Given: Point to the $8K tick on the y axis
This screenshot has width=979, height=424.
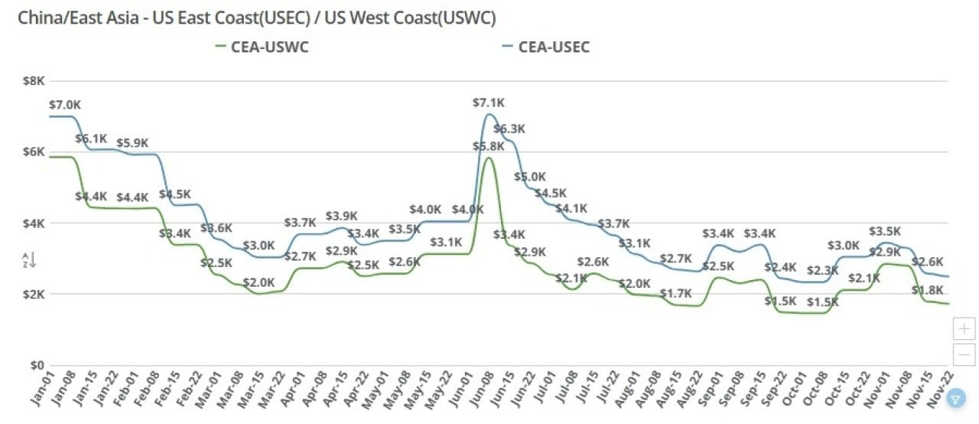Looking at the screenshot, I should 34,80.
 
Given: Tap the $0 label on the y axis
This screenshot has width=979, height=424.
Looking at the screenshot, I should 37,365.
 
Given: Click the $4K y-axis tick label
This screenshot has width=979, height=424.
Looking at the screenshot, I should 34,223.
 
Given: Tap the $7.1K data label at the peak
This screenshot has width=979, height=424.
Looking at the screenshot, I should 489,103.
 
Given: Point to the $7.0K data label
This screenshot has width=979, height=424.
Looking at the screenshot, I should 64,104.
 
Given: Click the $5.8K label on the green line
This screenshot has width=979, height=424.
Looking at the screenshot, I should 489,146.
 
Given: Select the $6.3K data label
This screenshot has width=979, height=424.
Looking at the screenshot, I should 509,129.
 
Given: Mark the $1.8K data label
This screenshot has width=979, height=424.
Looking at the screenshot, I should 927,290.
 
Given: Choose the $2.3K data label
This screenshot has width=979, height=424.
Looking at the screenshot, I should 822,270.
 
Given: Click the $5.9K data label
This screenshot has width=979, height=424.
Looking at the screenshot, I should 132,143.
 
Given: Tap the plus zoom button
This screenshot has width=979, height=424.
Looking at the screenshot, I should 964,329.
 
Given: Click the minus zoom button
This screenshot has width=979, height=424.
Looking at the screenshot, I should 964,354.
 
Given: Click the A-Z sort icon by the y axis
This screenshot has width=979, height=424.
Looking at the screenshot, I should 29,260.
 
